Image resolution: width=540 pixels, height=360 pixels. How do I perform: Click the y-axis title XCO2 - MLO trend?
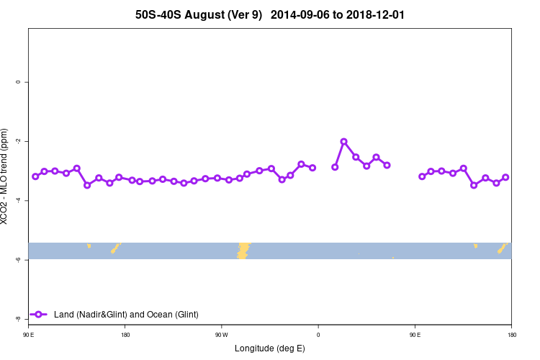tap(6, 176)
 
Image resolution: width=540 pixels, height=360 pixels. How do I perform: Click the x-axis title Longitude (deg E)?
tap(270, 348)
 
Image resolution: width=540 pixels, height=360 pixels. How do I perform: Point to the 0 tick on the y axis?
tap(17, 82)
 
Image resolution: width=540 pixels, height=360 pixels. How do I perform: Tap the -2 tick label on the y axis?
tap(17, 141)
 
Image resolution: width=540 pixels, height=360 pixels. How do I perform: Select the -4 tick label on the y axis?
tap(17, 200)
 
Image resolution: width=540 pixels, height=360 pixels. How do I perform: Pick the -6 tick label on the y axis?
tap(17, 259)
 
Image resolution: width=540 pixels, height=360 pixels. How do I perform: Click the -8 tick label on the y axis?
tap(17, 318)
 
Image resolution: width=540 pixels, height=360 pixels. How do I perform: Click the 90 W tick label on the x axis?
tap(221, 335)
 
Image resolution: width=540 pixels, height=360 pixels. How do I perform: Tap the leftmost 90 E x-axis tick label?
tap(28, 335)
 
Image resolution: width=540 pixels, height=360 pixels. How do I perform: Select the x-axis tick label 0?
tap(318, 335)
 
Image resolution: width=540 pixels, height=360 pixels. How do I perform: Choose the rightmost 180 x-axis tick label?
tap(511, 335)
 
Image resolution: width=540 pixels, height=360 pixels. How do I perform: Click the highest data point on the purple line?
tap(343, 141)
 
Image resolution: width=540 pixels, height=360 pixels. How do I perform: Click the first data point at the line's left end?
tap(35, 176)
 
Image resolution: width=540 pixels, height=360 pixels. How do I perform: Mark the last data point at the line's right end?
tap(505, 177)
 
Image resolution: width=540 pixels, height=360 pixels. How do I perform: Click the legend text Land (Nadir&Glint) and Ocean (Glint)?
tap(126, 315)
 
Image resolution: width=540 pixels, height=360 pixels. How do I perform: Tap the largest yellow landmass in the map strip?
tap(243, 250)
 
